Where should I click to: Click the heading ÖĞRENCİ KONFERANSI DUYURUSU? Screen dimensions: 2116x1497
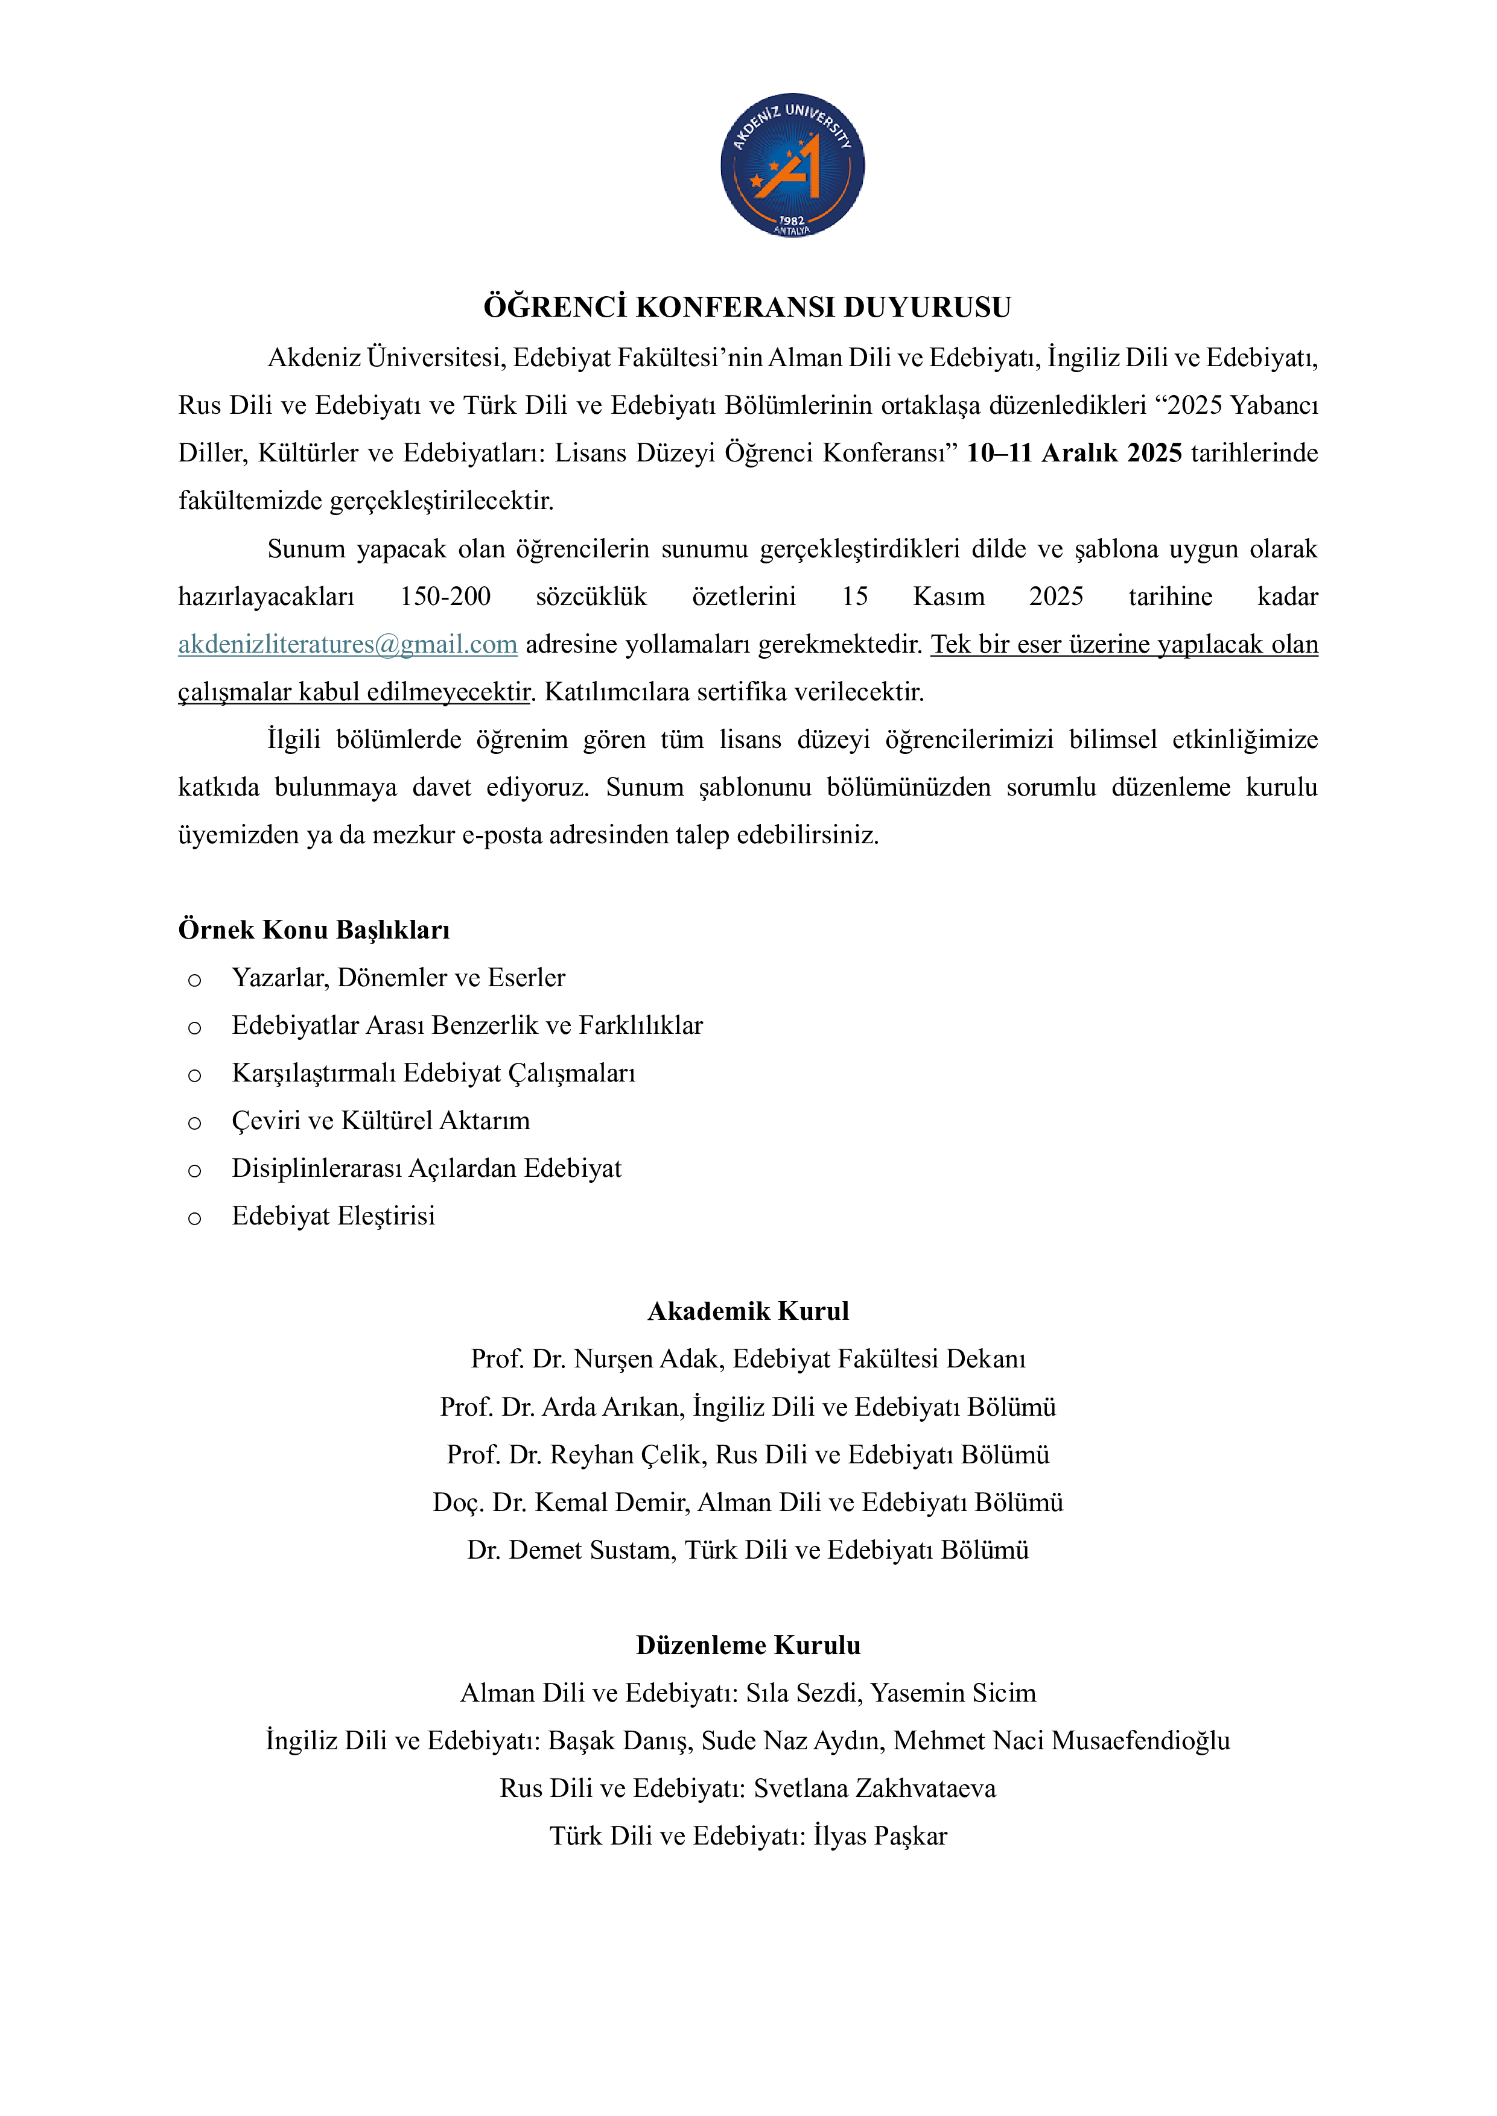point(748,307)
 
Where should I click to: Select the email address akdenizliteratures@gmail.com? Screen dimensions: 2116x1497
point(348,644)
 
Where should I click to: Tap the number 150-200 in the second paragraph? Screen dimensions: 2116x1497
point(445,597)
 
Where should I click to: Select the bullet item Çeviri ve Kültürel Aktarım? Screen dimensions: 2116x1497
point(381,1121)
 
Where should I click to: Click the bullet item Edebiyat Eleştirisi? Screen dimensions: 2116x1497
point(333,1217)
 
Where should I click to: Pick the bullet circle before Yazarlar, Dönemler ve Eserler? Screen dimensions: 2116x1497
point(194,980)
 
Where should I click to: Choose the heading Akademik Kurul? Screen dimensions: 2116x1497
point(748,1311)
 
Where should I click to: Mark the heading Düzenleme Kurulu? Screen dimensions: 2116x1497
point(748,1646)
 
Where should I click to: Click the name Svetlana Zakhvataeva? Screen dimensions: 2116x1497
point(875,1789)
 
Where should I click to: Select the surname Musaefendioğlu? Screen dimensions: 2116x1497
point(1140,1741)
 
